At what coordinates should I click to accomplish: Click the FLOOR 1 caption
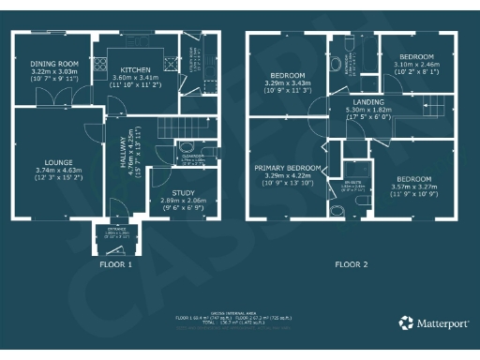coord(116,264)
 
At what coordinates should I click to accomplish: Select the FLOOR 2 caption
coord(352,264)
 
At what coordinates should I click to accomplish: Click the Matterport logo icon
coord(405,322)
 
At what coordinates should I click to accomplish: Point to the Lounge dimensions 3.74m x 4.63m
coord(58,171)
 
